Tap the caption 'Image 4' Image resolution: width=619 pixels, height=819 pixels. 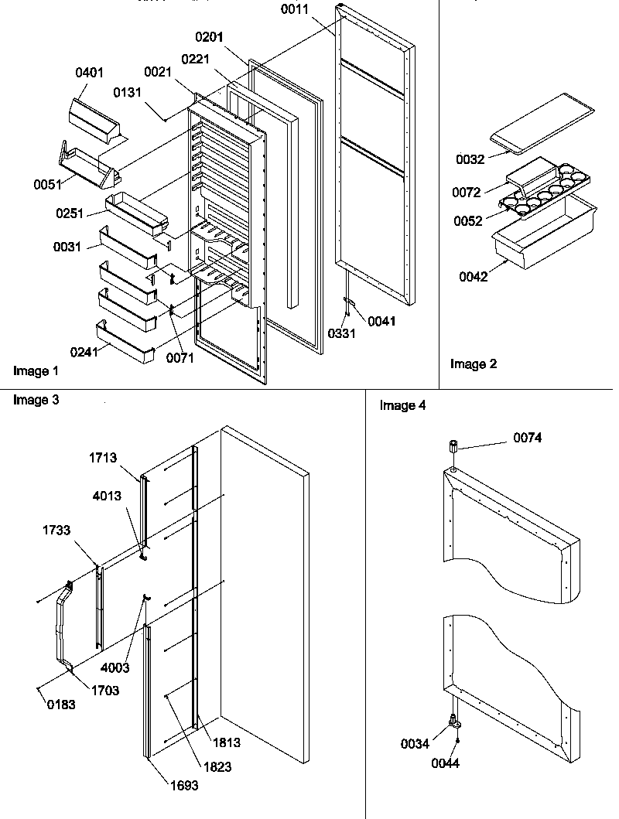(x=402, y=406)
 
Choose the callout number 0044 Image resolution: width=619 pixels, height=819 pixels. (x=446, y=763)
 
